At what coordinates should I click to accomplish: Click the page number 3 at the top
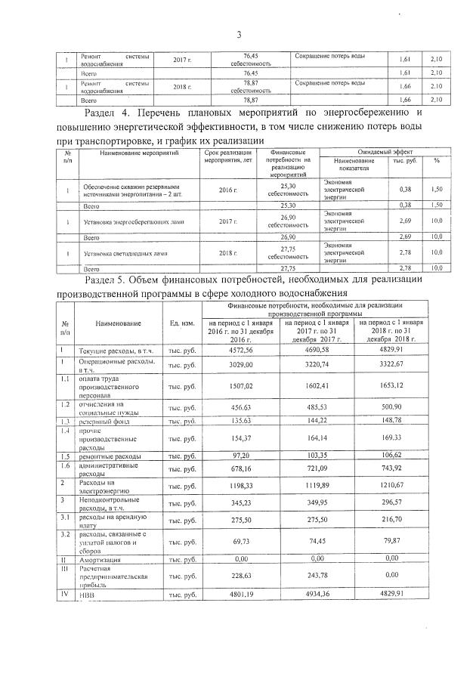[238, 34]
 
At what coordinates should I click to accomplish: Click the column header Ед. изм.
[184, 323]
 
